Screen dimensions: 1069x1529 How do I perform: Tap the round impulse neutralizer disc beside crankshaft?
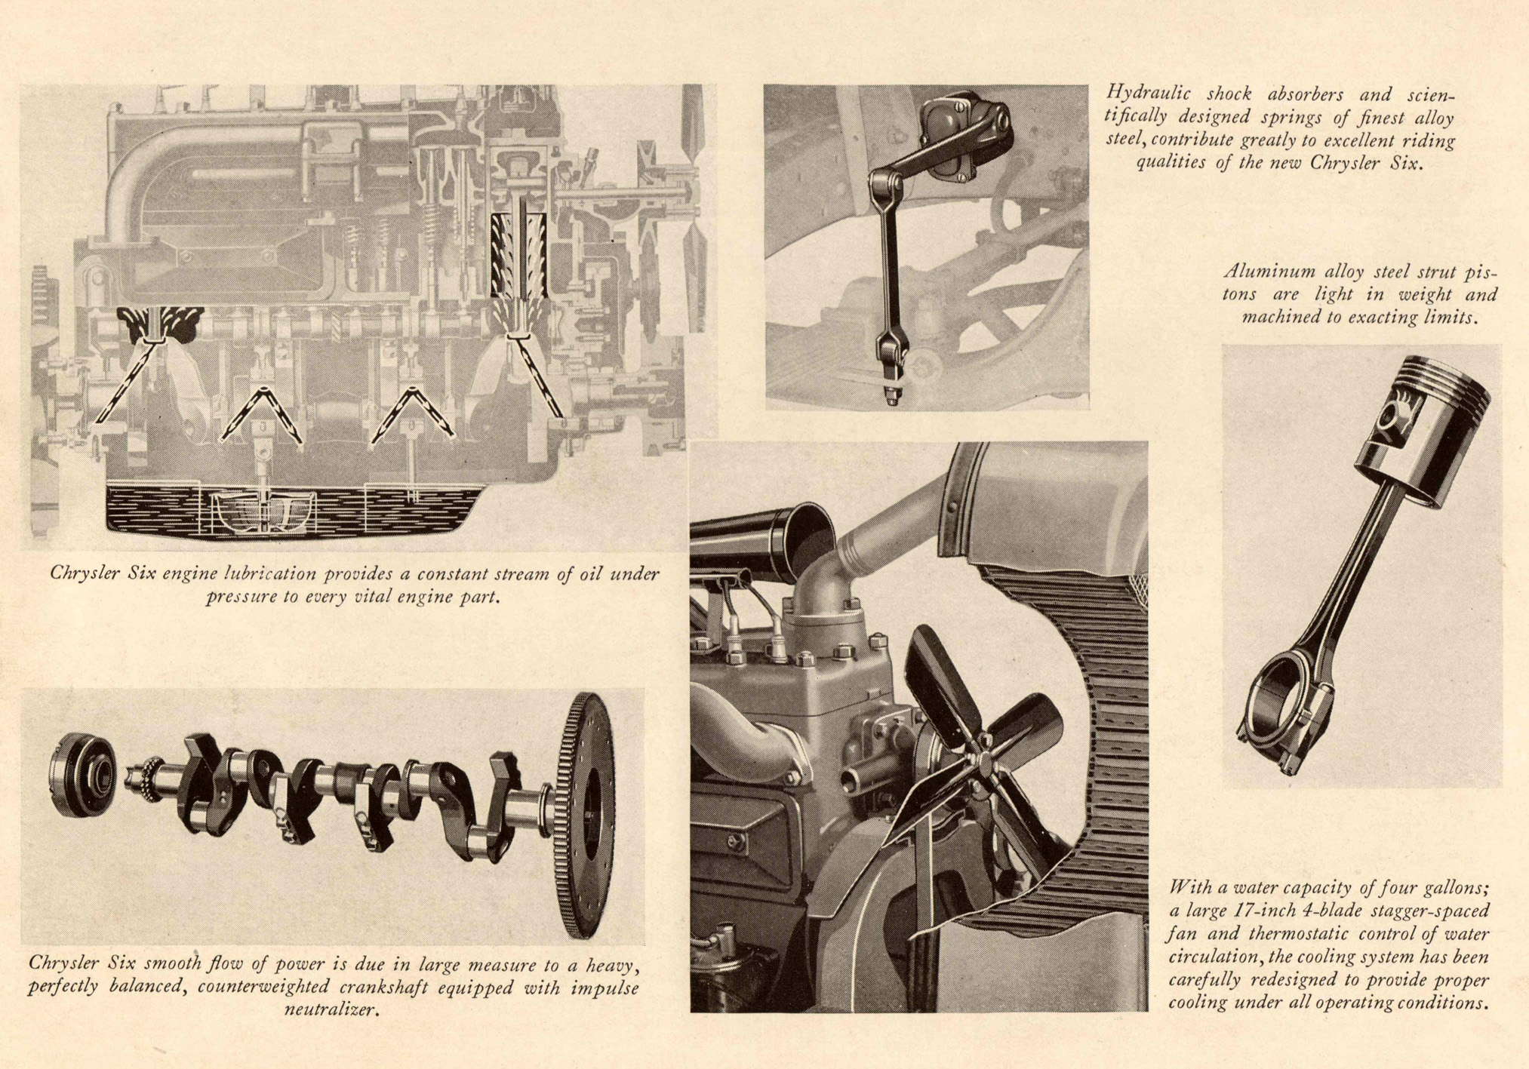click(82, 774)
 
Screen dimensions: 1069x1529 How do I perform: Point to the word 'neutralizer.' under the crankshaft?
click(331, 1010)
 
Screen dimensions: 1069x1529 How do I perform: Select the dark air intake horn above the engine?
click(762, 535)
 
